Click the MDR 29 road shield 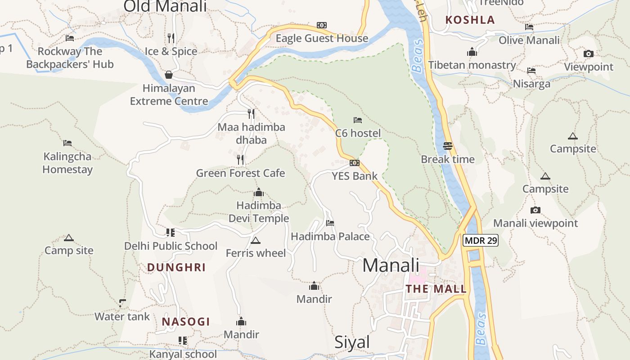(481, 240)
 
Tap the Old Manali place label (165, 6)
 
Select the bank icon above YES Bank (355, 163)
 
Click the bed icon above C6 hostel (358, 120)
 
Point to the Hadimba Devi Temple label (259, 212)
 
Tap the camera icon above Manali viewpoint (535, 210)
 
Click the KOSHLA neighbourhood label (470, 20)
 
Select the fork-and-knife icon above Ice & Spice (171, 38)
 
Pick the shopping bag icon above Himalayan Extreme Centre (169, 75)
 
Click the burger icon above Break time (447, 146)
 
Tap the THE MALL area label (436, 289)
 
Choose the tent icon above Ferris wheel (256, 240)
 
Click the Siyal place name (352, 342)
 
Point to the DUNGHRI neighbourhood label (176, 267)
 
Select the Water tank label (122, 316)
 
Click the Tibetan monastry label (472, 65)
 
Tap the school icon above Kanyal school (182, 341)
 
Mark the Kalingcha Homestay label (67, 163)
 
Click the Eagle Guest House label (322, 39)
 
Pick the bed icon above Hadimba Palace (330, 223)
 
